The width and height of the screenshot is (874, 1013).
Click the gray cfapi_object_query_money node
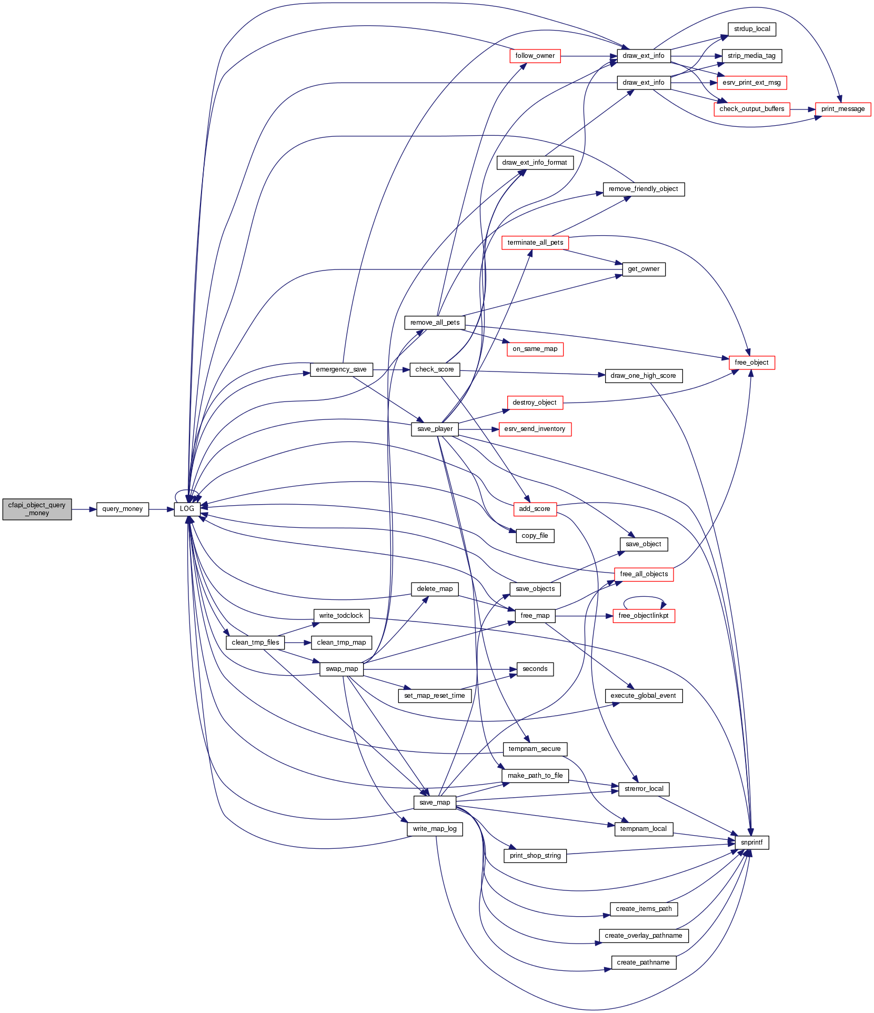tap(37, 509)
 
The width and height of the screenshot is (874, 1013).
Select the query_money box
tap(123, 509)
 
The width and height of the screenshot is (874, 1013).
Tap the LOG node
tap(187, 509)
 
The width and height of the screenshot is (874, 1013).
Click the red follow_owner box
tap(535, 56)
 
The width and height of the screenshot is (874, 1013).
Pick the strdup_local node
tap(751, 29)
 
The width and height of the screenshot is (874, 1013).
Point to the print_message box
tap(842, 109)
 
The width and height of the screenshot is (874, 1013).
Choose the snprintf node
tap(751, 843)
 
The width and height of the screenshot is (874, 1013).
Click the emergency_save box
tap(341, 369)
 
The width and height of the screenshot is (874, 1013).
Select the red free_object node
tap(751, 363)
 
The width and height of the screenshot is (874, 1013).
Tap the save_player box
tap(435, 429)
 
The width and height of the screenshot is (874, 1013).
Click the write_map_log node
tap(435, 829)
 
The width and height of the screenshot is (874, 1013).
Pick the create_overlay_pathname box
tap(643, 936)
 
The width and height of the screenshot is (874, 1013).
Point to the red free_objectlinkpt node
tap(643, 616)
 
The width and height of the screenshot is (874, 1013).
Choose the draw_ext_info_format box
tap(535, 163)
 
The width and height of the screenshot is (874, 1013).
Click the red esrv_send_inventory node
tap(535, 429)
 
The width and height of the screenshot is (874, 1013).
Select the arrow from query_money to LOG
tap(161, 509)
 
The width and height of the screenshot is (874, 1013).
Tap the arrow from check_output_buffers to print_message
tap(802, 109)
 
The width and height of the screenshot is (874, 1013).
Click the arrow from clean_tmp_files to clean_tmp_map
tap(298, 643)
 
